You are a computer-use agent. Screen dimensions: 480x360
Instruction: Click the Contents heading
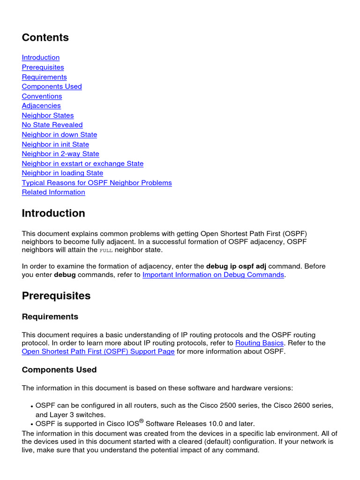point(45,37)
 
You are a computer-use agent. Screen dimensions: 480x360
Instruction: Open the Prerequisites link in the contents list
point(43,67)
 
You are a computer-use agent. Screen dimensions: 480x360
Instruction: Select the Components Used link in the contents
point(52,86)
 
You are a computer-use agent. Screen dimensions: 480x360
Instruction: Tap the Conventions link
point(42,96)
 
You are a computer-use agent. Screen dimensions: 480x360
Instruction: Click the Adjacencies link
point(41,105)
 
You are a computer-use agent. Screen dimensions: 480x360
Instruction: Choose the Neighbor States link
point(47,115)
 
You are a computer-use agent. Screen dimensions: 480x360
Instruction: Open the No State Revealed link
point(52,125)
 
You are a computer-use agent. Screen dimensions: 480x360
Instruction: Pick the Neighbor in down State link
point(59,135)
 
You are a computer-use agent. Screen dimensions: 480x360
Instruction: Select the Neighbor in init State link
point(55,144)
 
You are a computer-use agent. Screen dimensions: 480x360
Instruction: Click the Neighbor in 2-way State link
point(60,154)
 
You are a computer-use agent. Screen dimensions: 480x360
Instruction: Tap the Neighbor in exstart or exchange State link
point(82,164)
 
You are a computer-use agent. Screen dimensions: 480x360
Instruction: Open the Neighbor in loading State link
point(62,173)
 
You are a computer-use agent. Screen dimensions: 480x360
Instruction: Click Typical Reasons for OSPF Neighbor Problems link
point(97,183)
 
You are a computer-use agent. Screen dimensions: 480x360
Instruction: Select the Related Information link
point(53,192)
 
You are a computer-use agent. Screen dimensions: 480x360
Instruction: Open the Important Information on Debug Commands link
point(213,275)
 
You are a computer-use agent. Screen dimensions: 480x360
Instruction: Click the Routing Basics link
point(259,343)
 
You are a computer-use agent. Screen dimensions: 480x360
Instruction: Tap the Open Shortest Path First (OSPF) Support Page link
point(98,352)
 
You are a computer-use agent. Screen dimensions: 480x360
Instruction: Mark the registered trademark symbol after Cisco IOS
point(142,421)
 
